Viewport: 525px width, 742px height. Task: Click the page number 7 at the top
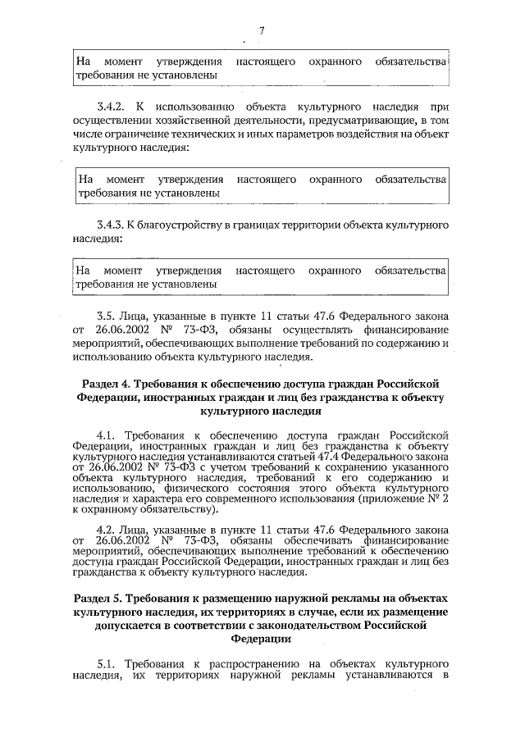coord(261,30)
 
